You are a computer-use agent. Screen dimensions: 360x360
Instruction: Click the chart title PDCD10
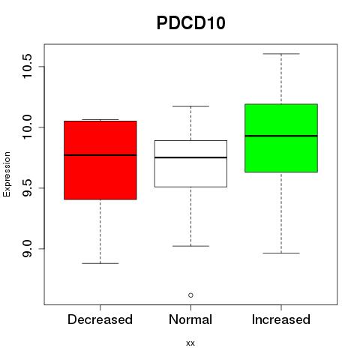point(191,23)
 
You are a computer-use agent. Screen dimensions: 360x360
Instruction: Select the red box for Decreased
point(100,160)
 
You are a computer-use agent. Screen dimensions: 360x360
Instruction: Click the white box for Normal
point(190,163)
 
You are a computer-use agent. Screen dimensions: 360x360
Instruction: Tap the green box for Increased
point(281,138)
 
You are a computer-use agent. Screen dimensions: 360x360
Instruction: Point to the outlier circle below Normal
point(190,295)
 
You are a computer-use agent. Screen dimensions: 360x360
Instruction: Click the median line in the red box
point(100,155)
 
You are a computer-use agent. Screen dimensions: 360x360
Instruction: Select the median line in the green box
point(281,136)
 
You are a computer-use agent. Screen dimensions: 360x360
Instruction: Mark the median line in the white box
point(190,157)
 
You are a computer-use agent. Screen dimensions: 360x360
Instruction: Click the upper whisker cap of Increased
point(281,54)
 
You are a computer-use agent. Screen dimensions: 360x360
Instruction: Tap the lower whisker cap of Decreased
point(100,263)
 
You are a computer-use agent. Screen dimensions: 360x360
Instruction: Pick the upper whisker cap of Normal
point(190,106)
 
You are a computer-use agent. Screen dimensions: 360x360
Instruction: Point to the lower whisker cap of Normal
point(190,246)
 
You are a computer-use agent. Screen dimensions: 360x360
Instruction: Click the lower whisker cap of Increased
point(281,253)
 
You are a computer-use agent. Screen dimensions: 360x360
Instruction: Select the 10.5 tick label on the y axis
point(27,66)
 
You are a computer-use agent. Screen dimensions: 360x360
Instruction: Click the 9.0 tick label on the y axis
point(27,249)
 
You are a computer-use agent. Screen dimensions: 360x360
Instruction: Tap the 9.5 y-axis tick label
point(27,188)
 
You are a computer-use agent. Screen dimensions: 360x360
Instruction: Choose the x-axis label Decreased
point(100,319)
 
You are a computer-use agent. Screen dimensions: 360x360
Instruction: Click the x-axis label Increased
point(281,319)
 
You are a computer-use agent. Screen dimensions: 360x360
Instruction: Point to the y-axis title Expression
point(7,174)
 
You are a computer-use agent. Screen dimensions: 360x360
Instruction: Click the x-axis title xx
point(190,343)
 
